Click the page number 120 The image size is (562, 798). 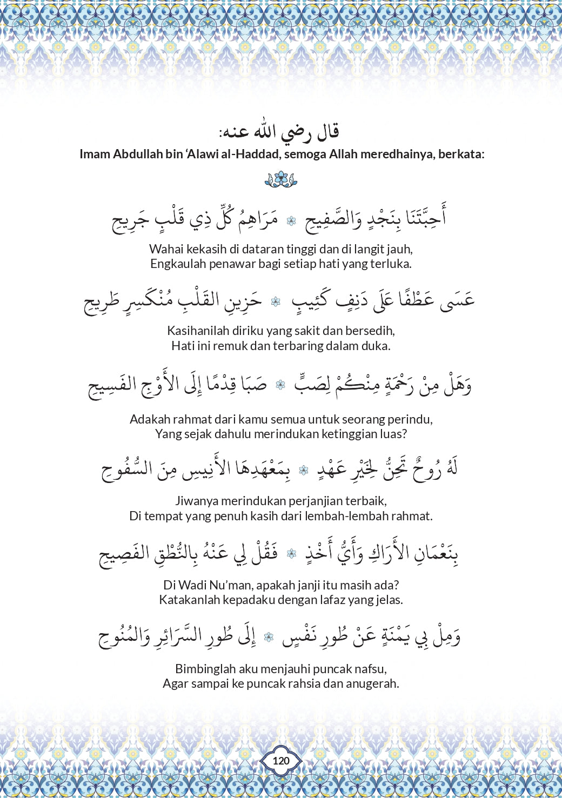click(x=281, y=761)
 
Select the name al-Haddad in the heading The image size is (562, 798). click(x=247, y=154)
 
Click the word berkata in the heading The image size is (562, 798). click(x=461, y=154)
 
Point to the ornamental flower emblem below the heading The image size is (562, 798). click(x=281, y=179)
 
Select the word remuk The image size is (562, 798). click(x=230, y=346)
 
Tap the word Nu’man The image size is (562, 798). click(x=228, y=585)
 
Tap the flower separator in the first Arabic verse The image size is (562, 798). click(x=291, y=220)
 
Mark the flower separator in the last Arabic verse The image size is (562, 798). click(x=269, y=638)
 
